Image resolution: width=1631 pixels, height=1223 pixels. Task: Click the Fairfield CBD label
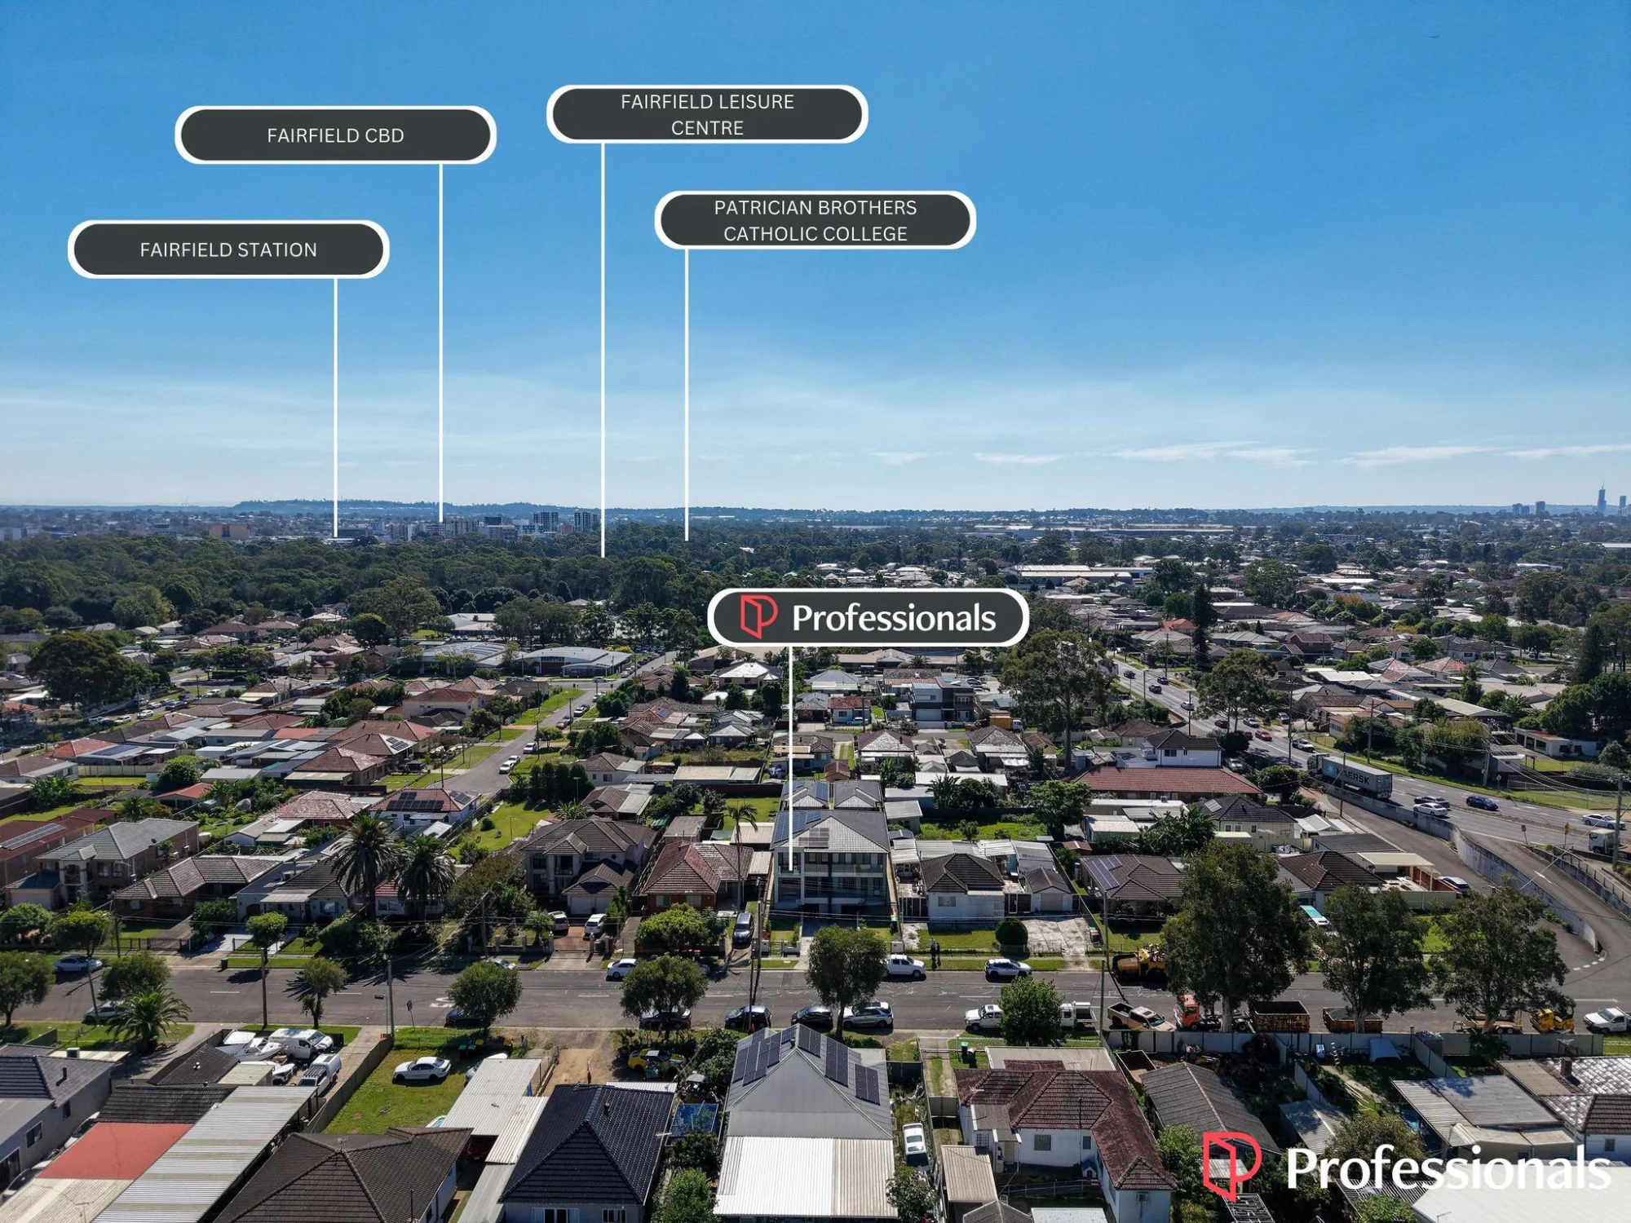click(x=335, y=135)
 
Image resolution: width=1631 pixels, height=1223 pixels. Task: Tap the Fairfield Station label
click(x=228, y=249)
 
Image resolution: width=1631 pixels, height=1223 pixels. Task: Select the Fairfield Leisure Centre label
click(x=707, y=114)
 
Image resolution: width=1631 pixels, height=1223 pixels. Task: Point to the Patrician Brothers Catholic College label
click(x=815, y=220)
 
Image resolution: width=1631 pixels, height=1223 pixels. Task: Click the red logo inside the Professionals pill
click(x=758, y=616)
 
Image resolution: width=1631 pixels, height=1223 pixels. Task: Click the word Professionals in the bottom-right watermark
click(x=1448, y=1168)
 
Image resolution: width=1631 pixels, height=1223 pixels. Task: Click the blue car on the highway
click(x=1481, y=803)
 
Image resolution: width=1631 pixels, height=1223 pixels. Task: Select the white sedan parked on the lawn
click(x=422, y=1069)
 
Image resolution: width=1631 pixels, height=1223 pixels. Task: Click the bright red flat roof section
click(x=114, y=1150)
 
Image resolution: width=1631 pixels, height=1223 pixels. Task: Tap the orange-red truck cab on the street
click(x=1187, y=1012)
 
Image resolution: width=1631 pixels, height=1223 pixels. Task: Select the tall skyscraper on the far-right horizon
click(x=1602, y=499)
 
